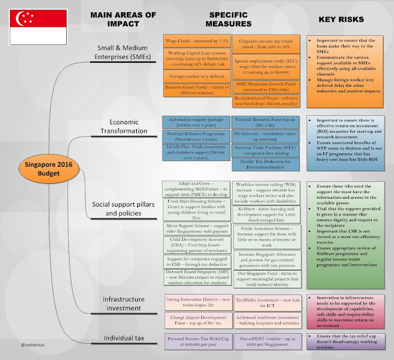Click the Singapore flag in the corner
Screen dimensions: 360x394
pos(37,26)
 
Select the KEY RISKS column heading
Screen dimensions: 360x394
pos(341,20)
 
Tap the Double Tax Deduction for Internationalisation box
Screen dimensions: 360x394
pos(265,164)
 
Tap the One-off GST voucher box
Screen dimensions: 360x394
pos(266,341)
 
